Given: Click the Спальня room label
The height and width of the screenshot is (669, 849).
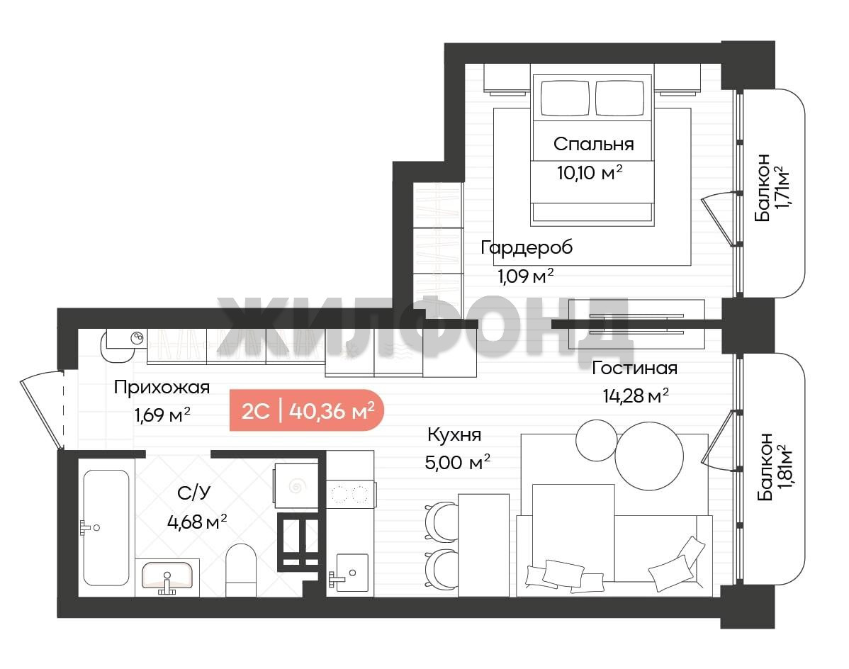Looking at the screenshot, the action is [x=593, y=144].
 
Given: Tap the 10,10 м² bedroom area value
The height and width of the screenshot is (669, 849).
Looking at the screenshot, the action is [x=590, y=173].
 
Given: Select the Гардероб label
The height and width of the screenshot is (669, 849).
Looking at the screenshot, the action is [x=527, y=247].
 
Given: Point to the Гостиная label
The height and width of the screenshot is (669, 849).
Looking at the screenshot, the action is [x=634, y=368].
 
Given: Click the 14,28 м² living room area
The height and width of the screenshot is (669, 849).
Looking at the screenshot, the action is [x=636, y=395].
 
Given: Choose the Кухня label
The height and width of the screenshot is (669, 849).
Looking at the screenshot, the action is [x=454, y=434].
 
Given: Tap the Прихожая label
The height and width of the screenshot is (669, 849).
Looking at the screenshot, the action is [x=162, y=388].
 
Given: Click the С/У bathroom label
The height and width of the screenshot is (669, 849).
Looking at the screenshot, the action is [x=194, y=493].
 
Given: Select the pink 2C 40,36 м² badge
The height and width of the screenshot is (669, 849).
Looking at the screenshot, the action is [x=307, y=410].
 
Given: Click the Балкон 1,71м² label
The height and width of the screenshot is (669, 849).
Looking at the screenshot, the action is [x=771, y=187].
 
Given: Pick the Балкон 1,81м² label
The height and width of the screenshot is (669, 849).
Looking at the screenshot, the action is [x=773, y=466].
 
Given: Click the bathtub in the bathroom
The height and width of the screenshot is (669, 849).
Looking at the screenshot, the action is [x=107, y=528].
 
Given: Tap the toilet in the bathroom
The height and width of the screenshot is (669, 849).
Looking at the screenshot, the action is [x=240, y=570].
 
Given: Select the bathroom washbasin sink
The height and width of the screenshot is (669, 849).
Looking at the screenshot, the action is [x=167, y=576].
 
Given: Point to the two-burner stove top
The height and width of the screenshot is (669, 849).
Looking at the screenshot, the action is [x=350, y=494].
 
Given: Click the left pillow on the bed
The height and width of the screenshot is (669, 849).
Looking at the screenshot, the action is [x=565, y=98].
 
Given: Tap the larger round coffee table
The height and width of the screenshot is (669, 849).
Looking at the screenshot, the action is [x=649, y=456].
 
